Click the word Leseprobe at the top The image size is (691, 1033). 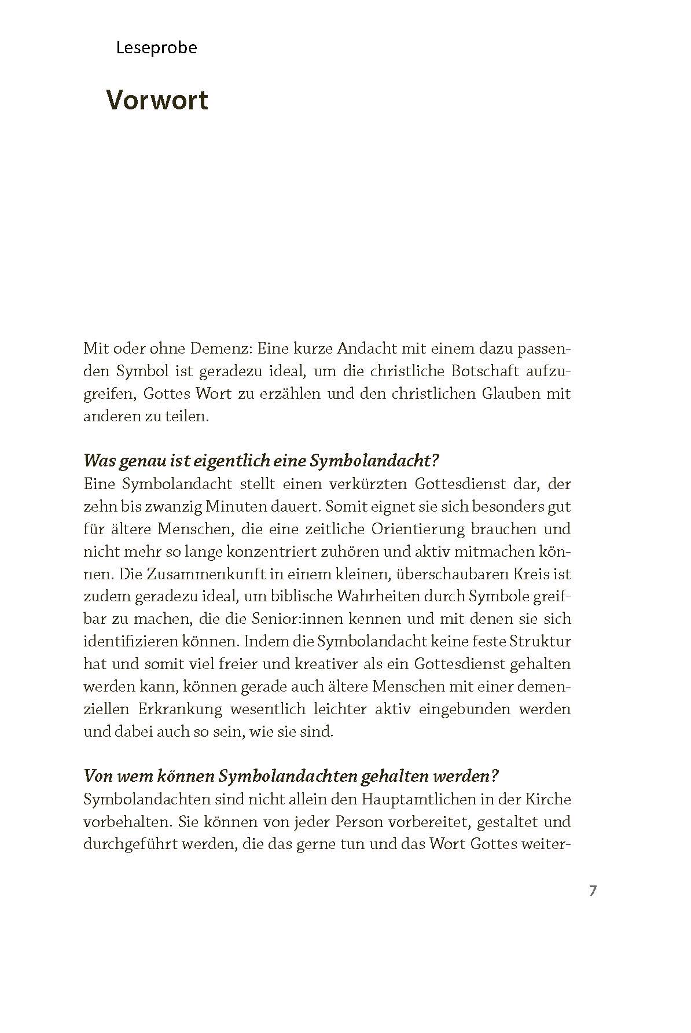[156, 48]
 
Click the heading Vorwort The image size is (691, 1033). [157, 101]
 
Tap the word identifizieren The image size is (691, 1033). [137, 642]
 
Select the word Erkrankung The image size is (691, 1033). [180, 709]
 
